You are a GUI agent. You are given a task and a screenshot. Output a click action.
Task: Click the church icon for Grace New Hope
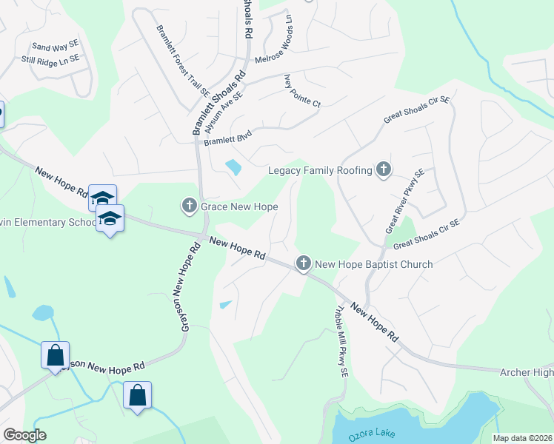coord(189,205)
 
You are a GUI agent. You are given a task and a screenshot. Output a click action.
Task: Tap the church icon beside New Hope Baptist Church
coord(303,263)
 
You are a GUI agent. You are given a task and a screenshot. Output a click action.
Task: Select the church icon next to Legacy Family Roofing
coord(383,170)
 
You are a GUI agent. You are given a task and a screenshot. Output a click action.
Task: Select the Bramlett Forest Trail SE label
coord(182,61)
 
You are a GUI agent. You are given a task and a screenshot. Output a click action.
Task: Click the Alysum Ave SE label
coord(222,112)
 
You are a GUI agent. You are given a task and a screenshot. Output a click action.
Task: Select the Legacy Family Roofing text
coord(320,171)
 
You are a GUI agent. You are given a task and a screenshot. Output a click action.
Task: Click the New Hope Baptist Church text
coord(374,263)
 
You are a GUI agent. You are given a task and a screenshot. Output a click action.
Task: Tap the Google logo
coord(24,435)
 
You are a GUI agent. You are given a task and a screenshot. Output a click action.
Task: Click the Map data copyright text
coord(522,438)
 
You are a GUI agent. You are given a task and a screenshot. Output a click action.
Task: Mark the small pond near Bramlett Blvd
coord(233,167)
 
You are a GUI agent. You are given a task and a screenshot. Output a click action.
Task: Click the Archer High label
coord(526,371)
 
